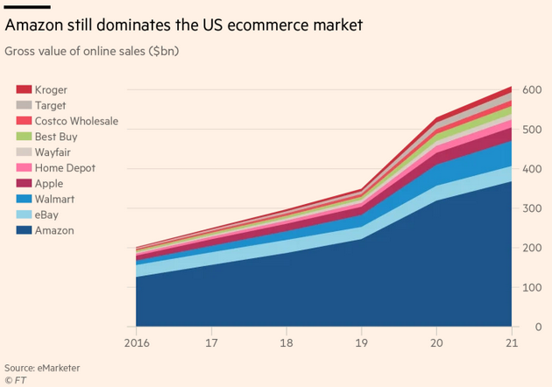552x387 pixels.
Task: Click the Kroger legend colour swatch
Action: tap(25, 89)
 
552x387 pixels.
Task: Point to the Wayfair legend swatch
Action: tap(25, 152)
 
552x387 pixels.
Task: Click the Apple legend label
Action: tap(50, 184)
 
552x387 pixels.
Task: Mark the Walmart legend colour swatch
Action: tap(25, 200)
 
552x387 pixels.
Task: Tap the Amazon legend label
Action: tap(55, 231)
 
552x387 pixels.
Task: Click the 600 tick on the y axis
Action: tap(531, 89)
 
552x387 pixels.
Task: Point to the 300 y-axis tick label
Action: tap(531, 208)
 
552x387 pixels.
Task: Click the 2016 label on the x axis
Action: tap(136, 342)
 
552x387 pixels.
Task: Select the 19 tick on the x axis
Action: tap(361, 342)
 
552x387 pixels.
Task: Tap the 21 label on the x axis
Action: tap(511, 342)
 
